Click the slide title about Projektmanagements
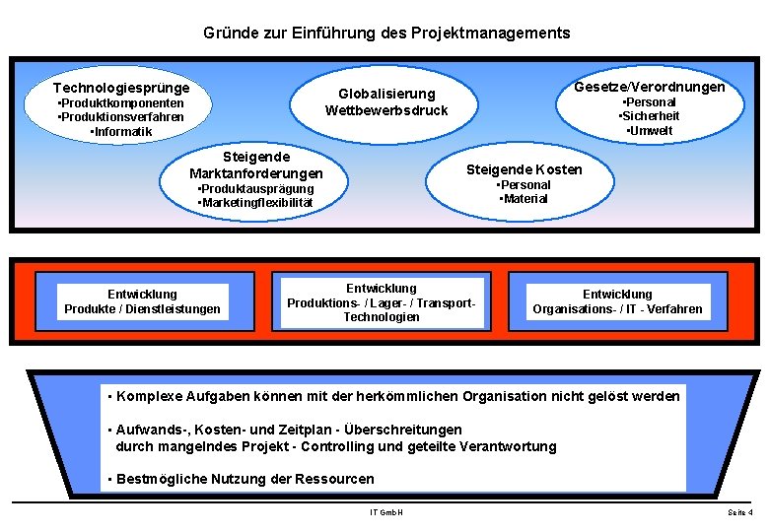pos(386,33)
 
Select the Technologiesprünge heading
pos(121,88)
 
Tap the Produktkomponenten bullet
pos(121,103)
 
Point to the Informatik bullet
pos(121,132)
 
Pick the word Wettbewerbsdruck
pos(386,109)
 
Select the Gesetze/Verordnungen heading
pos(649,87)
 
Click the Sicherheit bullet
pos(649,116)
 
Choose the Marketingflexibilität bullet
pos(255,203)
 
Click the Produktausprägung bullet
pos(255,188)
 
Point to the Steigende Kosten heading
pos(524,169)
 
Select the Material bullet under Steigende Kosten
pos(524,199)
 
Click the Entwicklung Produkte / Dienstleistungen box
pos(143,301)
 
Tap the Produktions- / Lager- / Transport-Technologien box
pos(382,302)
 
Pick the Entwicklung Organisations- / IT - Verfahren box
pos(618,301)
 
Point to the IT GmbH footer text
pos(386,512)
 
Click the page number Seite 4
pos(739,513)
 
